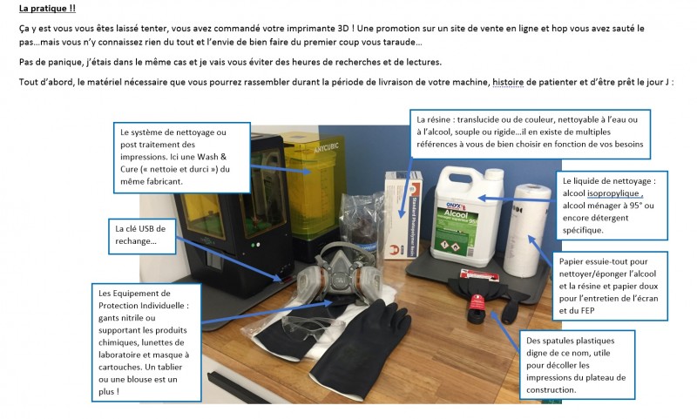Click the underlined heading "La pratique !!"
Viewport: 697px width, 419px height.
coord(48,9)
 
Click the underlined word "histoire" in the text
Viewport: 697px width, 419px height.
coord(508,82)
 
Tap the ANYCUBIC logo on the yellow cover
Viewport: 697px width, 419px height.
coord(326,147)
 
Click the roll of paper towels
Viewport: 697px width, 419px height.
coord(527,230)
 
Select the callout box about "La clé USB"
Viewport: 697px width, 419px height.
coord(142,235)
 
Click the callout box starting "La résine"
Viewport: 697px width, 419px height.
coord(530,134)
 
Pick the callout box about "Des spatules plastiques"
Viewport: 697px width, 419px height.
coord(577,365)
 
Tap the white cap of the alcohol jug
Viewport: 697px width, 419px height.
coord(494,174)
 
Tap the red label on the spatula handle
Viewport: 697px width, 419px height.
coord(477,304)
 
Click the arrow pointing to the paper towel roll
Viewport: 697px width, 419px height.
coord(541,251)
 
